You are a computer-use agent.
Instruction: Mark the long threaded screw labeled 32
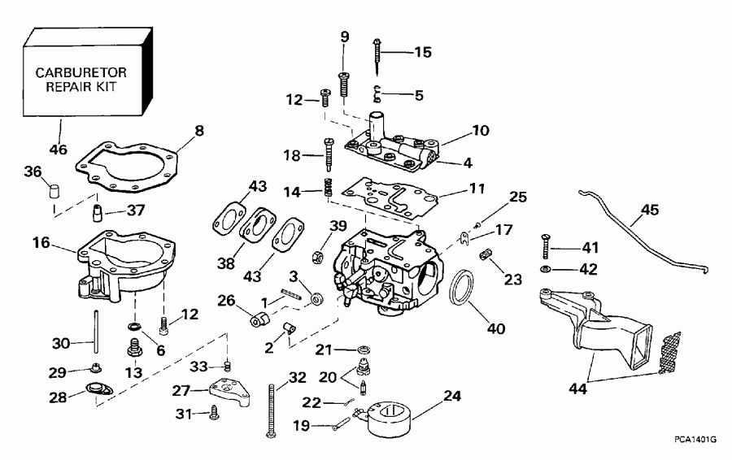click(x=271, y=410)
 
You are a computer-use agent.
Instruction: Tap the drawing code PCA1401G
click(x=694, y=440)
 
